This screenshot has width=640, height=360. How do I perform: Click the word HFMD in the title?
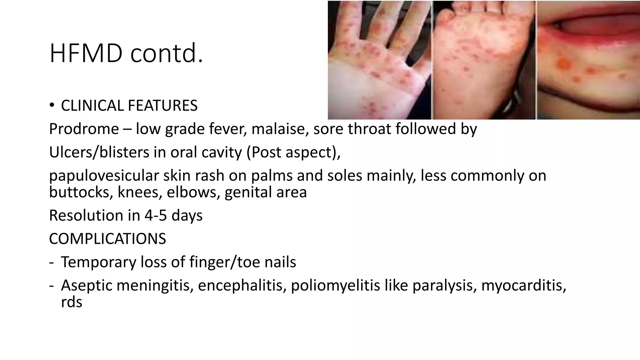[x=86, y=54]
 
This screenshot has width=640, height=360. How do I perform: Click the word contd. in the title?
[x=167, y=54]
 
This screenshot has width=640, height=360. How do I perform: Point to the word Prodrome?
[x=84, y=129]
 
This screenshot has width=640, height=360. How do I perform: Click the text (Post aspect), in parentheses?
[x=293, y=152]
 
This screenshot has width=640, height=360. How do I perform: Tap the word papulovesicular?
[x=104, y=176]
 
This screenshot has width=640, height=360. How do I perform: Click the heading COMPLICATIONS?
[x=107, y=239]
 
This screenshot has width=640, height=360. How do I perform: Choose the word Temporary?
[x=98, y=262]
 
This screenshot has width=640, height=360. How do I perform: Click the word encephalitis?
[x=242, y=286]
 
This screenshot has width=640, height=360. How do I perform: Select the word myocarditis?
[x=523, y=286]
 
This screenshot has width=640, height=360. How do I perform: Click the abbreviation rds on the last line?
[x=72, y=302]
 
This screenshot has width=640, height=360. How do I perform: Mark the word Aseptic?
[x=86, y=286]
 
